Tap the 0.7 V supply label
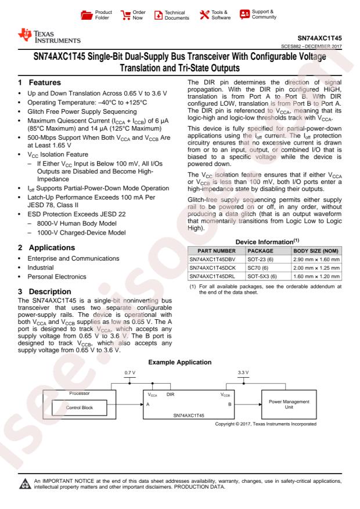(131, 372)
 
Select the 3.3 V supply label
(243, 372)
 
